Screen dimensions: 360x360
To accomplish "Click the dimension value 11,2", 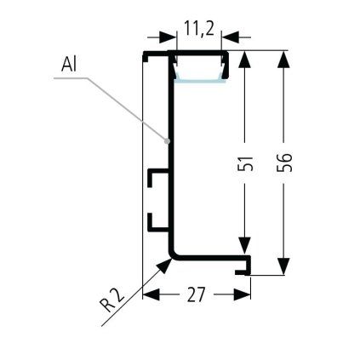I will click(197, 31).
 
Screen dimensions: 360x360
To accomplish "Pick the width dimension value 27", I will click(196, 294).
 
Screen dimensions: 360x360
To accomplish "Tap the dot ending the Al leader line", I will click(169, 140).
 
